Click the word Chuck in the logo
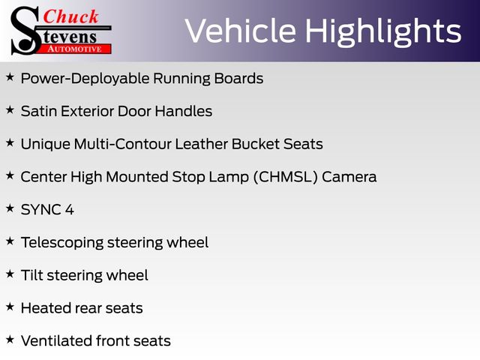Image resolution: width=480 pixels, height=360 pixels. [x=70, y=16]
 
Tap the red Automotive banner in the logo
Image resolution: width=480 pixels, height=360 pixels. [x=75, y=49]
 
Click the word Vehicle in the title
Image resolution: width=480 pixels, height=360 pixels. [x=241, y=31]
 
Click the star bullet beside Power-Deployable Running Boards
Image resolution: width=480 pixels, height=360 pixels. [x=10, y=77]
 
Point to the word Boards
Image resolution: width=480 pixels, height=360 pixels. [x=238, y=78]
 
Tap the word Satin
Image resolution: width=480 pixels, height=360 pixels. [x=39, y=111]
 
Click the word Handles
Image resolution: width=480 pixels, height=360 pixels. [x=183, y=111]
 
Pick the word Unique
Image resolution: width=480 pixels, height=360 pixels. [x=46, y=145]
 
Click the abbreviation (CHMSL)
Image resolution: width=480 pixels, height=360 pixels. [x=286, y=177]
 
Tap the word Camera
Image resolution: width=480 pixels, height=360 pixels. [x=349, y=177]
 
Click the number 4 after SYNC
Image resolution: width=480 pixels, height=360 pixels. [x=70, y=210]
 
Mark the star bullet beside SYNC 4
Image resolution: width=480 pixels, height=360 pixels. [x=10, y=208]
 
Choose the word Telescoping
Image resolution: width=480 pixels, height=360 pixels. [x=62, y=243]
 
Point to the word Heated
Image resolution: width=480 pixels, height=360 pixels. [x=46, y=308]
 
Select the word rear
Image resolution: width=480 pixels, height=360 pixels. [x=88, y=308]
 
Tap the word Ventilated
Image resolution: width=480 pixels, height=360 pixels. [x=57, y=340]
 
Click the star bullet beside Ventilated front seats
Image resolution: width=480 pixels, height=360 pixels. [x=10, y=339]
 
